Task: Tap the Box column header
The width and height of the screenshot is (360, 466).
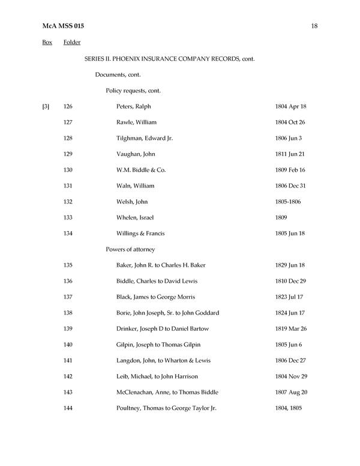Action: pyautogui.click(x=47, y=42)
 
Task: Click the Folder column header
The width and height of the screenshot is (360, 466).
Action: pyautogui.click(x=71, y=42)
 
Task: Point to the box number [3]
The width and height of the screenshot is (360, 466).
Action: pyautogui.click(x=46, y=106)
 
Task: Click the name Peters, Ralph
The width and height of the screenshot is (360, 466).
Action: pyautogui.click(x=133, y=106)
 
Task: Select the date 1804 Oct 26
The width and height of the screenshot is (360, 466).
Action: pyautogui.click(x=290, y=123)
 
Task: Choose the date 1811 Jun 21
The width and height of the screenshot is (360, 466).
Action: pyautogui.click(x=290, y=154)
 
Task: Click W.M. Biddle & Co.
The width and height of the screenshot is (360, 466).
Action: pyautogui.click(x=141, y=170)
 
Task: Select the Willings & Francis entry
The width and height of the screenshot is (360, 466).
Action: pyautogui.click(x=140, y=234)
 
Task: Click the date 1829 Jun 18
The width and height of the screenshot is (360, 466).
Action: pyautogui.click(x=290, y=265)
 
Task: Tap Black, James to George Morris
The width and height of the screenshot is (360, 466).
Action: pyautogui.click(x=155, y=297)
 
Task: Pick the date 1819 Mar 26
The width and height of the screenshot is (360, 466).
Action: pyautogui.click(x=290, y=329)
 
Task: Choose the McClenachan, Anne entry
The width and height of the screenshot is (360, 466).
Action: pyautogui.click(x=167, y=393)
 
